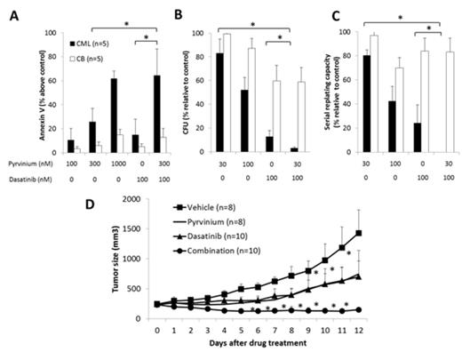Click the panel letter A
(9, 10)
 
